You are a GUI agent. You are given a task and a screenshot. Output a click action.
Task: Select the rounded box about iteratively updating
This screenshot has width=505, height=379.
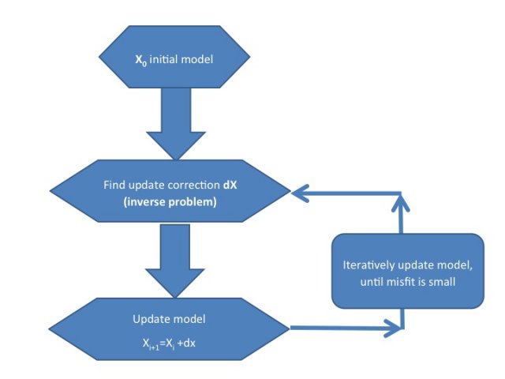coord(406,270)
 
